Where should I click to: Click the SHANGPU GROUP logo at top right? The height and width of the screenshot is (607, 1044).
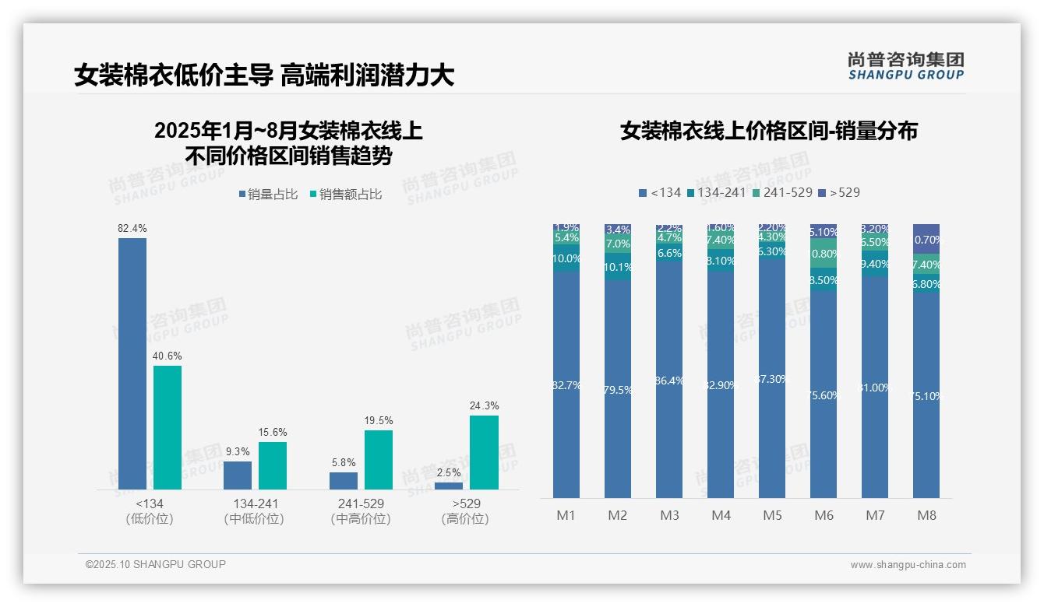pos(905,66)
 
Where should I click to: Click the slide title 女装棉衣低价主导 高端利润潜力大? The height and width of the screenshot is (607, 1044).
pos(264,75)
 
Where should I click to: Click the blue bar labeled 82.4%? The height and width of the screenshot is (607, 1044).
pos(132,363)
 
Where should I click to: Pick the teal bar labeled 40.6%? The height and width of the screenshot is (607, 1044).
pos(168,426)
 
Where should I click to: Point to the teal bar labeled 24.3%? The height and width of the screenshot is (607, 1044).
pos(484,451)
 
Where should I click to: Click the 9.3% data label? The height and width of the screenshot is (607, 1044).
pos(238,451)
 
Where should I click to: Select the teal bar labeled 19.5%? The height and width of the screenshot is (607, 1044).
pos(379,459)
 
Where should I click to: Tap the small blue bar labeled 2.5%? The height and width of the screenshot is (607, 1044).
pos(449,486)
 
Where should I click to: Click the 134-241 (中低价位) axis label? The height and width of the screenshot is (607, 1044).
pos(255,511)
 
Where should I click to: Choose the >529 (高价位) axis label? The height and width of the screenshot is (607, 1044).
pos(465,511)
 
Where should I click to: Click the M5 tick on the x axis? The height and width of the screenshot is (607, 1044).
pos(772,515)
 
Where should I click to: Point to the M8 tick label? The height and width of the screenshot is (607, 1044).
pos(926,515)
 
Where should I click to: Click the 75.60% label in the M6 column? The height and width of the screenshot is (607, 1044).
pos(824,395)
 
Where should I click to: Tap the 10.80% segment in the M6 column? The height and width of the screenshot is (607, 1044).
pos(824,254)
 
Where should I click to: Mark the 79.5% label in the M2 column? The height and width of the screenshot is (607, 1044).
pos(618,390)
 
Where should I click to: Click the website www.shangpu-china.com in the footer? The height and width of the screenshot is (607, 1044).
pos(908,565)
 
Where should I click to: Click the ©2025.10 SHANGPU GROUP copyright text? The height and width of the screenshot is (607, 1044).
pos(156,564)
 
